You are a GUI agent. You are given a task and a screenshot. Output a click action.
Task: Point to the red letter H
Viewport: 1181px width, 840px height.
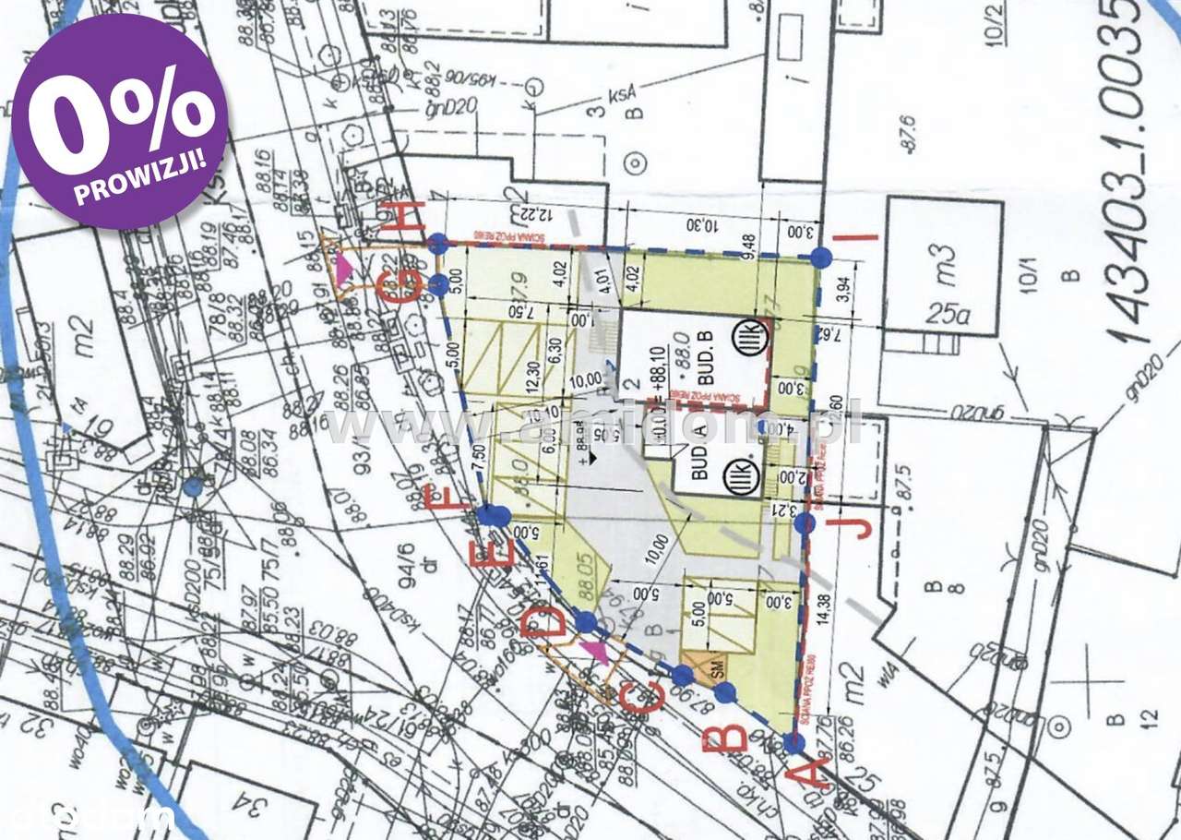(x=407, y=218)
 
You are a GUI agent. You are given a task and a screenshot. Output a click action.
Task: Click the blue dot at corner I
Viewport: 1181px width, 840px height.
(x=820, y=257)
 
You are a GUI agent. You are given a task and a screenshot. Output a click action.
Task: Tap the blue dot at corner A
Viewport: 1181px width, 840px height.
(x=792, y=742)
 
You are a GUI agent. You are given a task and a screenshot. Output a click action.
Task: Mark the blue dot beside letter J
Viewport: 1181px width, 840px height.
(x=805, y=523)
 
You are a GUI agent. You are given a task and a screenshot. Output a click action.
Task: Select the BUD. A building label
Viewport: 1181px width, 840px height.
(x=698, y=462)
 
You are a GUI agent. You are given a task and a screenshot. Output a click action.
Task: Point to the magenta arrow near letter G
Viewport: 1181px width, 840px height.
(x=344, y=268)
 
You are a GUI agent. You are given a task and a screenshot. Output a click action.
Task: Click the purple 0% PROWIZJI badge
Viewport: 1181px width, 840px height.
(x=120, y=121)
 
